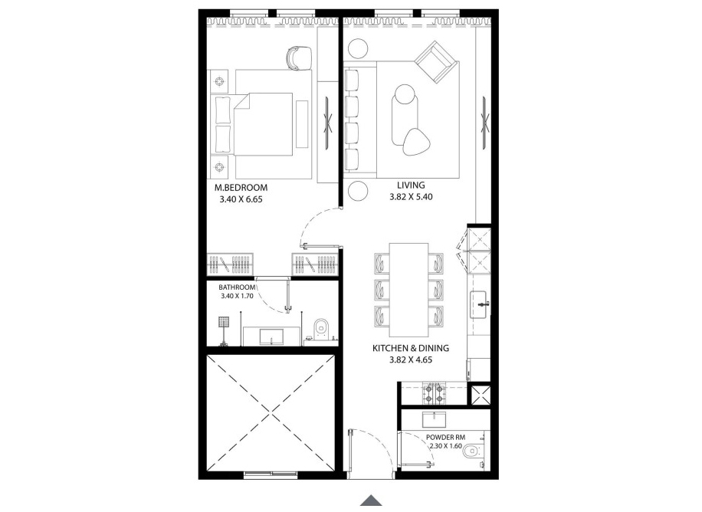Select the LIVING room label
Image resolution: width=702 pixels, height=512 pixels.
click(x=410, y=185)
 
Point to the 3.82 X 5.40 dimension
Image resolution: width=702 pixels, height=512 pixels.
click(x=412, y=197)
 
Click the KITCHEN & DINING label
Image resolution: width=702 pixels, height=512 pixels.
click(x=410, y=347)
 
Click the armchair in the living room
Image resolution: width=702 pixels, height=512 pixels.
click(x=436, y=62)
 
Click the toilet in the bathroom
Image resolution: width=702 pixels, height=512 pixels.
click(x=320, y=328)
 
